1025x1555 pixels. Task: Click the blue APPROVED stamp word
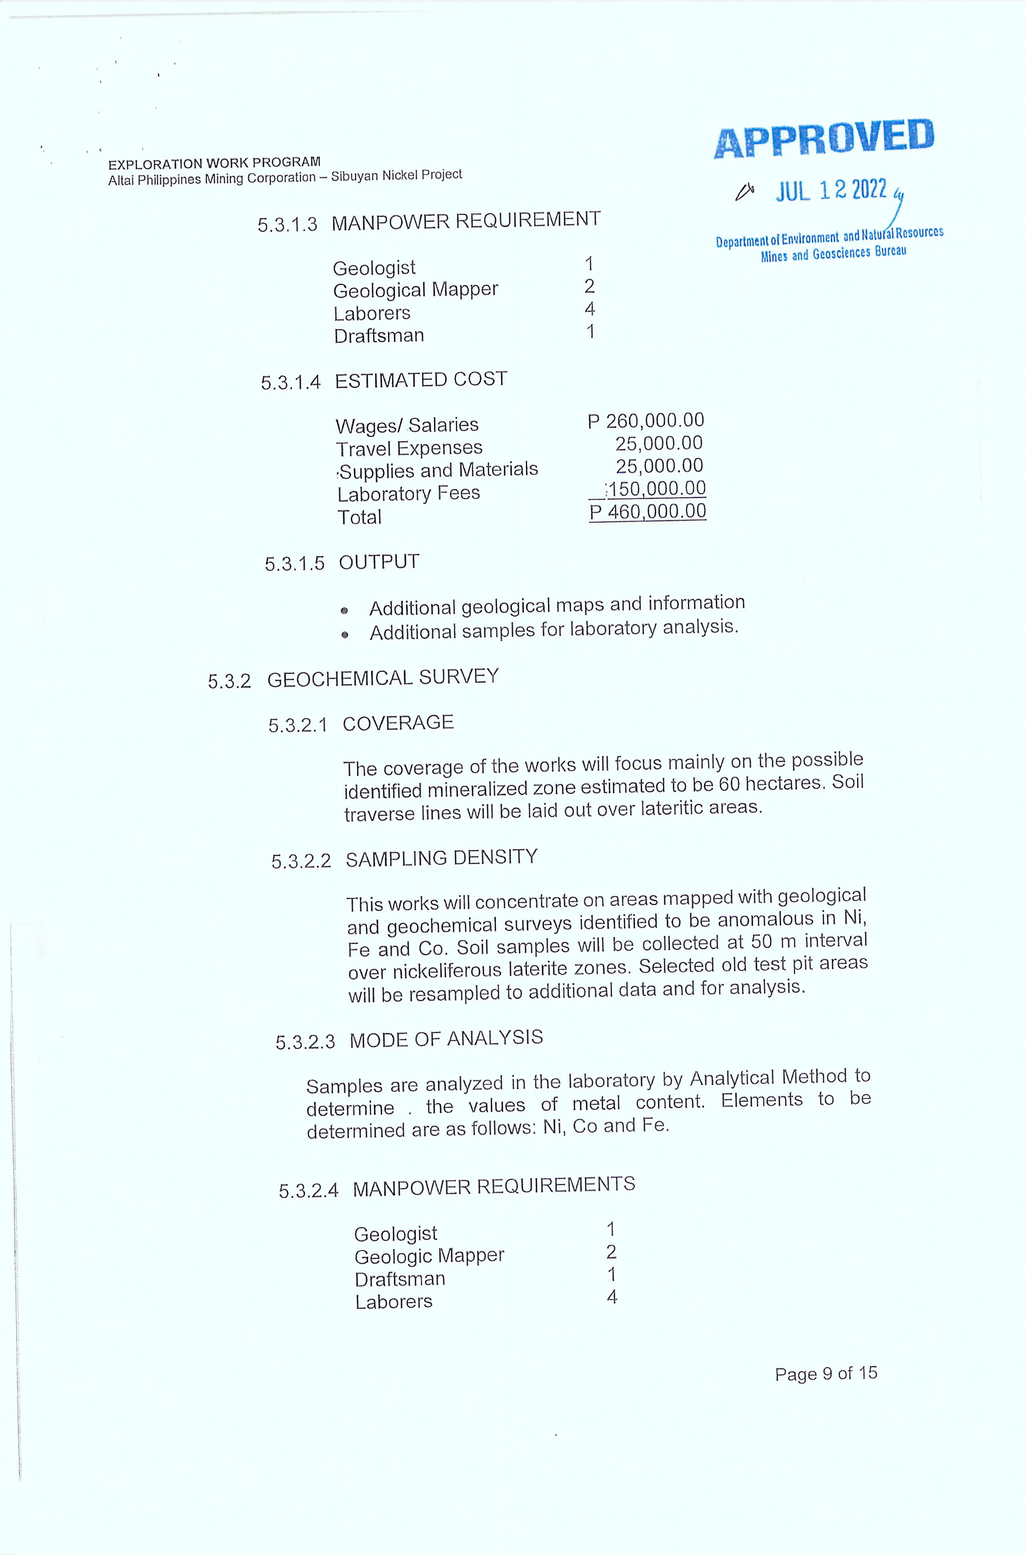tap(824, 138)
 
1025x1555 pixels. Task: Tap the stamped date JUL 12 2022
tap(831, 190)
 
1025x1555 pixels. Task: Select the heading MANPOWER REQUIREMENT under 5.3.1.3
tap(465, 220)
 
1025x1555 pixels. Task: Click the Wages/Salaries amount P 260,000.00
tap(646, 421)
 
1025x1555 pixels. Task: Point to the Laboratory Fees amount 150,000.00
tap(656, 489)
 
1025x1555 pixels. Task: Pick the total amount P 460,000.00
tap(648, 512)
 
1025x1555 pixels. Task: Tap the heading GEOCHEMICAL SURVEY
tap(383, 678)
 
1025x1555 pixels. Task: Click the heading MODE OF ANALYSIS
tap(446, 1039)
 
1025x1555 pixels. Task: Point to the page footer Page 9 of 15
tap(826, 1373)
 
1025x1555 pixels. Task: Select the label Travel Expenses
tap(409, 448)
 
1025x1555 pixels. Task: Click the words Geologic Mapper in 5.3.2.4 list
tap(429, 1256)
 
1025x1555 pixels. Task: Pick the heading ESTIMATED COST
tap(421, 380)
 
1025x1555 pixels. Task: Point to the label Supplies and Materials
tap(437, 470)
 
